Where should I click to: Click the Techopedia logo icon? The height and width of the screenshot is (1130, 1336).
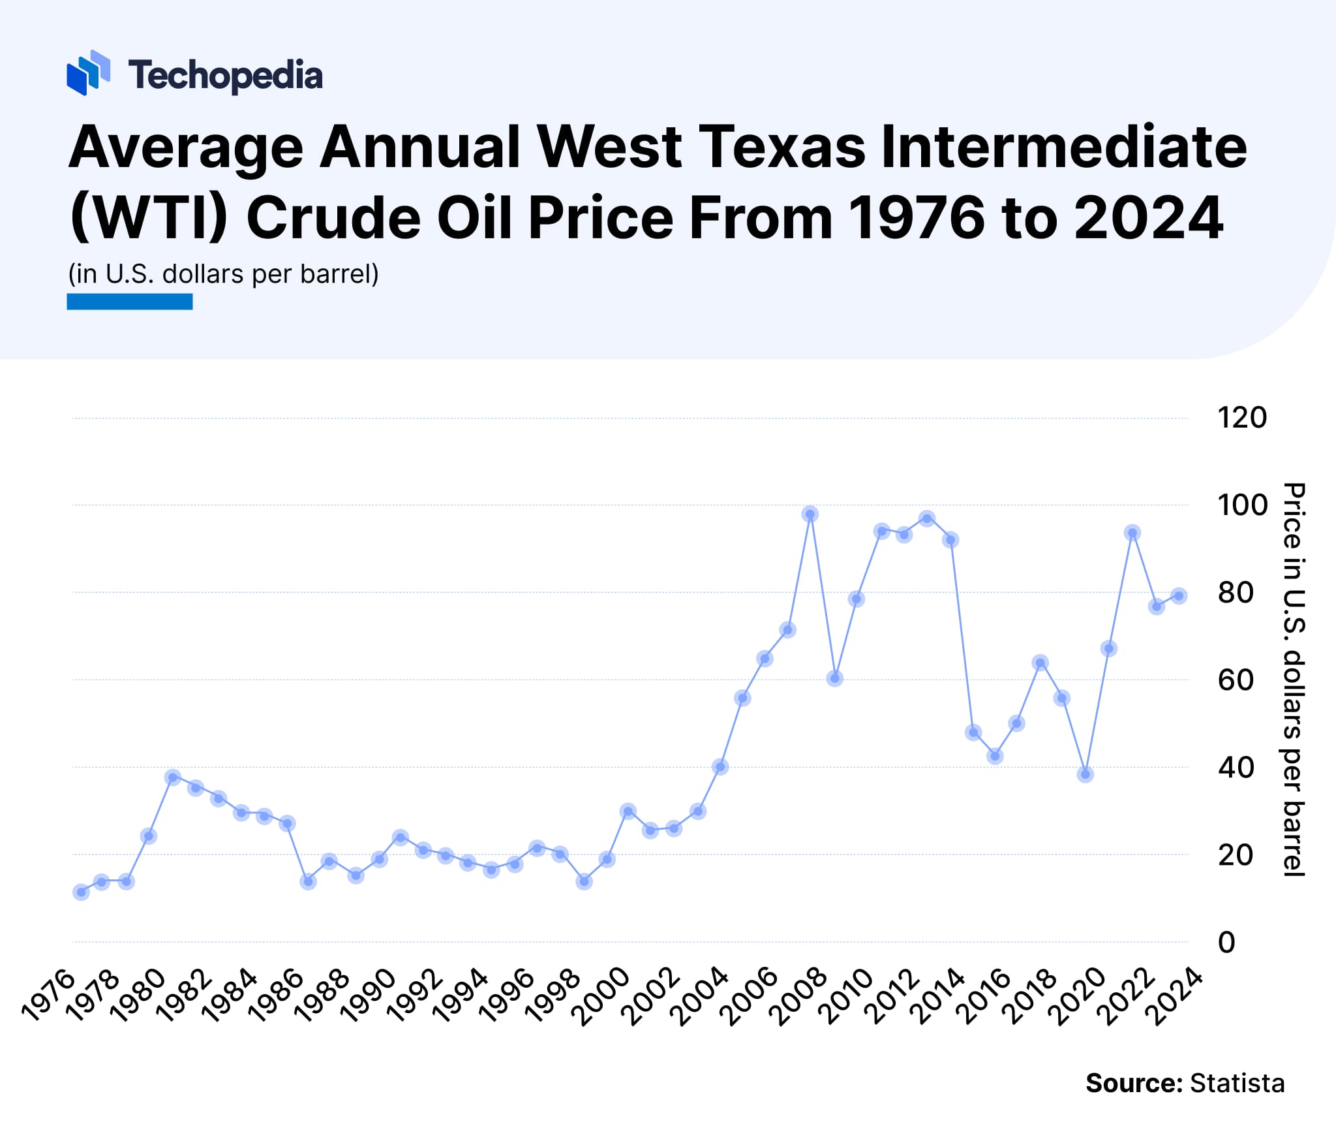[x=88, y=72]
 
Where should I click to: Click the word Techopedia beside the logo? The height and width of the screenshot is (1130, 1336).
[x=225, y=75]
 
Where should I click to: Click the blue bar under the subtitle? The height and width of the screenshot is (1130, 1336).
[x=129, y=302]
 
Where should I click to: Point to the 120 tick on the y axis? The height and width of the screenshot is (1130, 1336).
[x=1241, y=418]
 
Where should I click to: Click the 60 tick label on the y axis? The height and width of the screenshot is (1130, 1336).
[x=1235, y=680]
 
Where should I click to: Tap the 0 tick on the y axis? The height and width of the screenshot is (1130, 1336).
[x=1226, y=943]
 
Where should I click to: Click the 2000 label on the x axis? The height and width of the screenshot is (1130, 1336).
[x=604, y=996]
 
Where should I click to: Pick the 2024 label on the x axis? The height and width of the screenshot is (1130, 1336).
[x=1177, y=996]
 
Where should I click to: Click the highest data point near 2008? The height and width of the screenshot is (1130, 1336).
[x=810, y=514]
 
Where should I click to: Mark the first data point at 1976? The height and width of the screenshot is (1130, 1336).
[x=81, y=892]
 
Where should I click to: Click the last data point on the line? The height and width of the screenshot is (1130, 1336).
[x=1178, y=595]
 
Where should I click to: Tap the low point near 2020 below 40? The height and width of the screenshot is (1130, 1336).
[x=1085, y=775]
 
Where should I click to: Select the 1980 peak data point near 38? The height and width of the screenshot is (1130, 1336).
[x=173, y=777]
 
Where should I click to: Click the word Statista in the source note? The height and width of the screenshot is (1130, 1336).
[x=1237, y=1083]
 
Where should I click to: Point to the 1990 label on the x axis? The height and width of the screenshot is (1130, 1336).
[x=371, y=996]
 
